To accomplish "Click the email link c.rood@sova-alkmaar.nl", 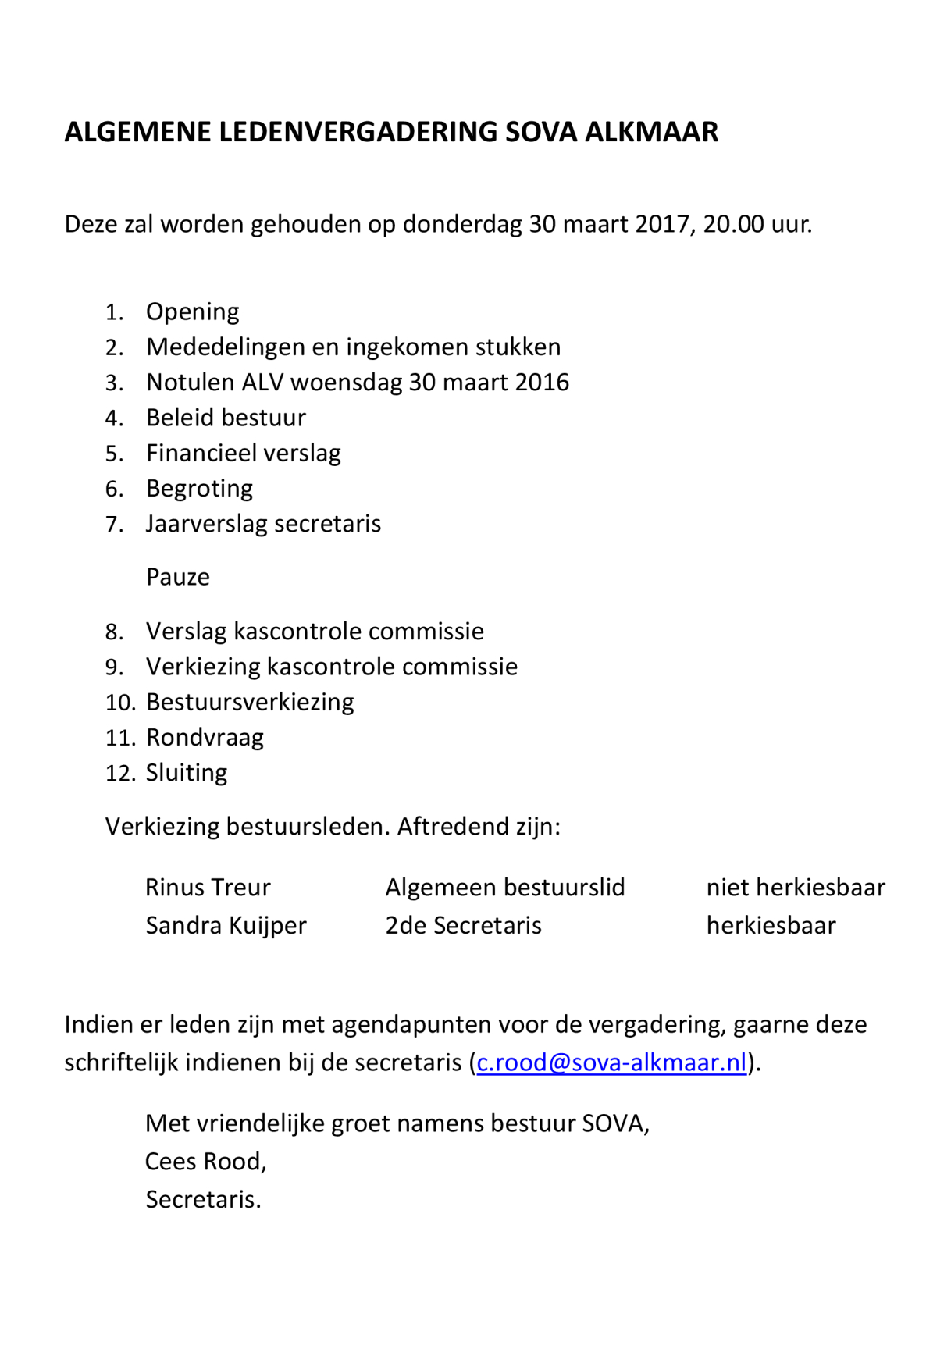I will [x=611, y=1062].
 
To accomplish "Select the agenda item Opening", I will [x=192, y=311].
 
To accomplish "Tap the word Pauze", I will [x=178, y=577].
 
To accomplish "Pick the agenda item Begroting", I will [x=199, y=489].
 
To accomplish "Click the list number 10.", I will [x=120, y=703].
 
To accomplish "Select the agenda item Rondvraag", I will [x=205, y=738].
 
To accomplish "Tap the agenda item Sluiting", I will [x=187, y=773].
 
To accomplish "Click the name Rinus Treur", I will [x=208, y=888].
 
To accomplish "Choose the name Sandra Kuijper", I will [x=226, y=926].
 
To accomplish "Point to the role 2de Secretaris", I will [x=463, y=926].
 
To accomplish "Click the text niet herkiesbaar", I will [x=796, y=888].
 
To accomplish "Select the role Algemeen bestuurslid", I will [x=505, y=888].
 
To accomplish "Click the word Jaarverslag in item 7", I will [x=206, y=524].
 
